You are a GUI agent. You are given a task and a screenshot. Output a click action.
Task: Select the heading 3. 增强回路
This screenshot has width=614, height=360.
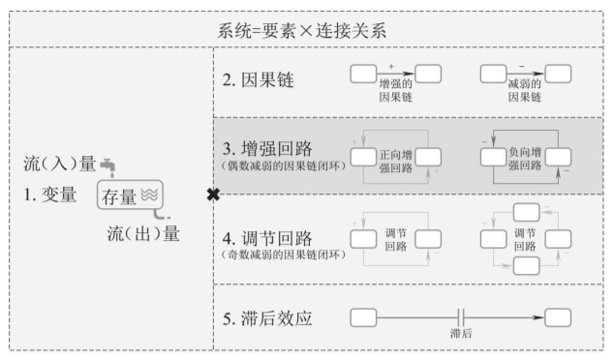270,149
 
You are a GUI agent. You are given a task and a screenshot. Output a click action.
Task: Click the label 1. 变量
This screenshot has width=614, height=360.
50,195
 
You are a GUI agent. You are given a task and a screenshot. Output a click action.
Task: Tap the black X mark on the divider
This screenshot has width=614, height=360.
213,195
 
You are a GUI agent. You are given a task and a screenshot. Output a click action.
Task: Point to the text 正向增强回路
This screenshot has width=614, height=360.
395,160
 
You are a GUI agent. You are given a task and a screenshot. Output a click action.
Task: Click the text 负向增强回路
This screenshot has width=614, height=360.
526,160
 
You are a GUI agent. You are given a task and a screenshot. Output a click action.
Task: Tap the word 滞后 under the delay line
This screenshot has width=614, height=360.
461,332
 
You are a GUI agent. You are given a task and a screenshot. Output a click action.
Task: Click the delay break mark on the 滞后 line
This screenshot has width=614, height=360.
461,316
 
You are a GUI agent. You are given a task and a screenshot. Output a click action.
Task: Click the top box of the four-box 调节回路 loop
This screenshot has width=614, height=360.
526,211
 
